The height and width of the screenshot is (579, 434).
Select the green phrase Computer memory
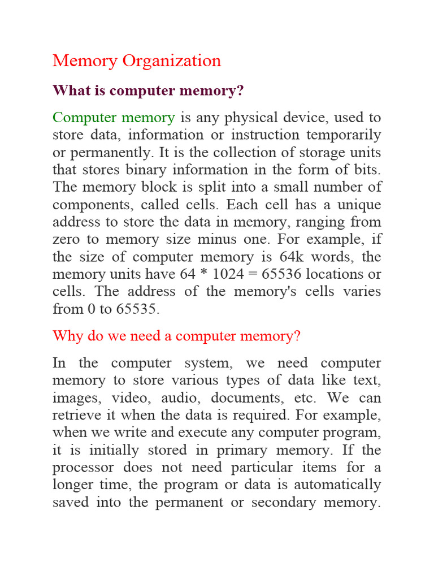pyautogui.click(x=114, y=118)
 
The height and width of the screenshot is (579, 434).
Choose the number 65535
pyautogui.click(x=138, y=309)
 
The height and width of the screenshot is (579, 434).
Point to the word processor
pyautogui.click(x=83, y=468)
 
